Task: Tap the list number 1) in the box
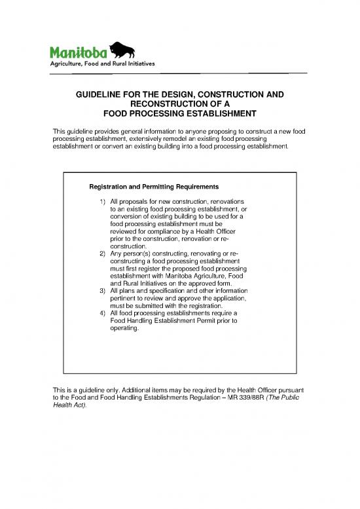click(x=103, y=200)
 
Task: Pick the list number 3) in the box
click(x=103, y=290)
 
